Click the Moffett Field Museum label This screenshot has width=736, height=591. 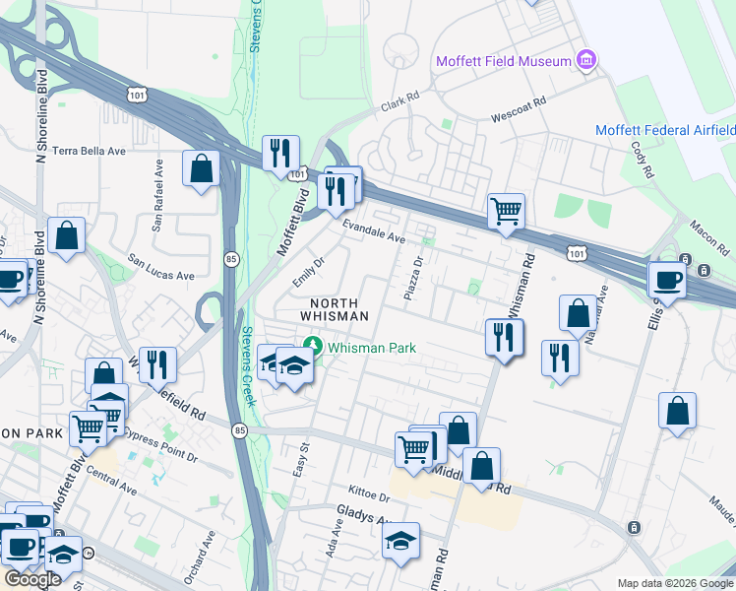coord(504,61)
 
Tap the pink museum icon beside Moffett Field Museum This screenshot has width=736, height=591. coord(587,61)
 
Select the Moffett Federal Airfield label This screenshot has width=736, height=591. coord(665,130)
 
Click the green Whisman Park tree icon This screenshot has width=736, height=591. coord(313,347)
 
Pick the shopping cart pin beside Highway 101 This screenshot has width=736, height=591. coord(506,210)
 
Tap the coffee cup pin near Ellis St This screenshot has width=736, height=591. coord(666,279)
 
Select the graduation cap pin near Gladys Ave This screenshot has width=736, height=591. coord(400,540)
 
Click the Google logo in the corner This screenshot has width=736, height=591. coord(32,579)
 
